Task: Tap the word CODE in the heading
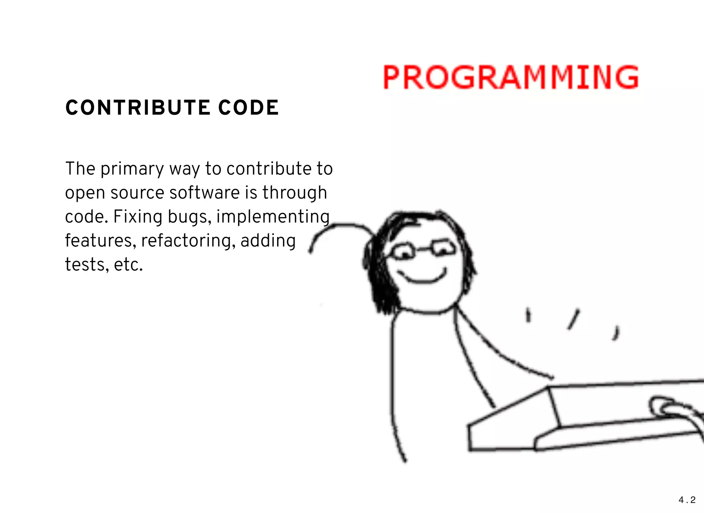pyautogui.click(x=249, y=108)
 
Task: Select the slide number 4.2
pyautogui.click(x=687, y=500)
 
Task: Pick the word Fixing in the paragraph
pyautogui.click(x=137, y=217)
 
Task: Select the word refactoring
pyautogui.click(x=188, y=241)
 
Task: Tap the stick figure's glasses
pyautogui.click(x=423, y=249)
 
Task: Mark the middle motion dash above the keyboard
pyautogui.click(x=573, y=319)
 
